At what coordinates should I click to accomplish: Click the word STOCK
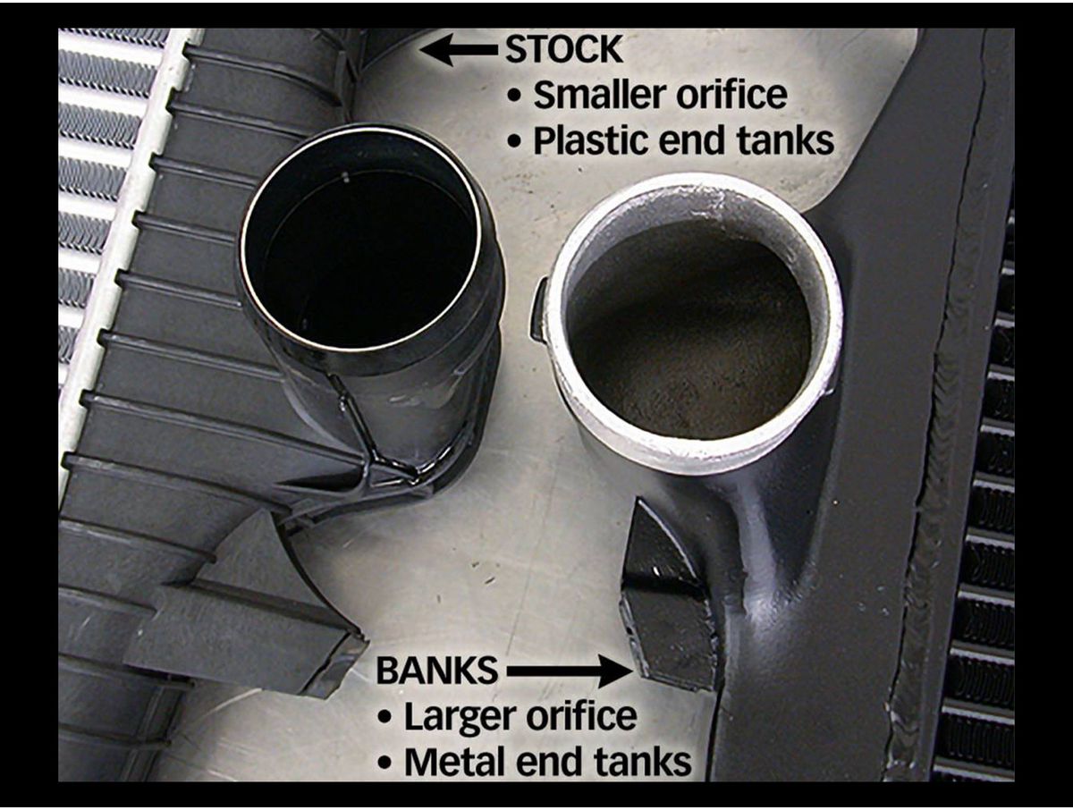(x=564, y=49)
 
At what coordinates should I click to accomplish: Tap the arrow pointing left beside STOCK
(x=460, y=49)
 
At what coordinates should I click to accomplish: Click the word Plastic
(x=590, y=141)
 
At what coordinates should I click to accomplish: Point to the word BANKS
(x=437, y=671)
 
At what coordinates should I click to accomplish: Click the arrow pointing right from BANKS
(x=570, y=671)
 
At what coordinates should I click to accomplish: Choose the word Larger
(x=460, y=717)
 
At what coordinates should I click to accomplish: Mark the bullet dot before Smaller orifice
(x=515, y=97)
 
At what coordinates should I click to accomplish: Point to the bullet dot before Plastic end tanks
(x=515, y=142)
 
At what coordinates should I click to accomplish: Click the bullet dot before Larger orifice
(x=385, y=717)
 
